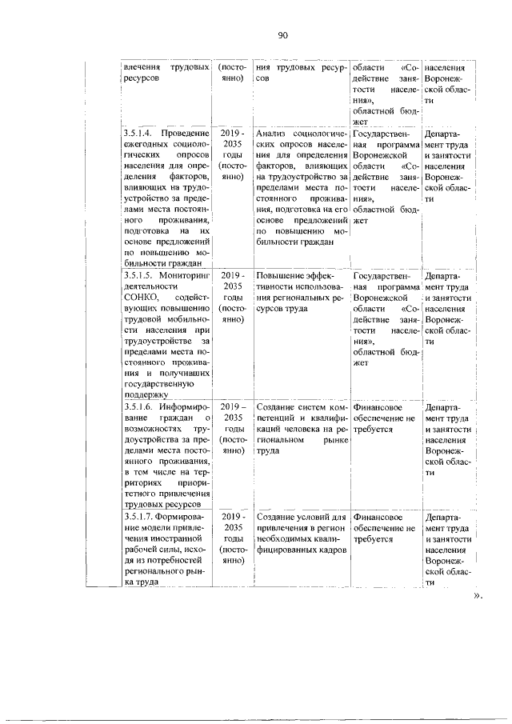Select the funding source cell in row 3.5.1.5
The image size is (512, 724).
(386, 318)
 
